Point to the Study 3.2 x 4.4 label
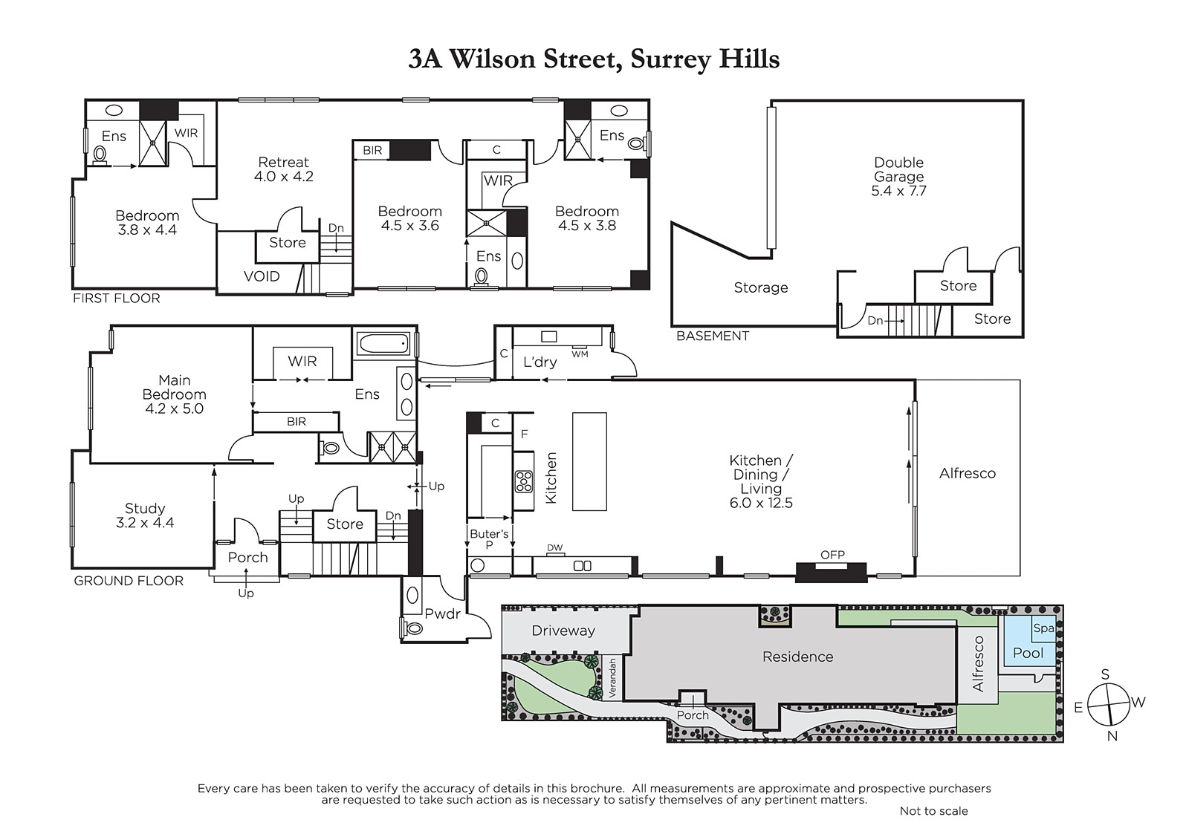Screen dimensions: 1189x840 (145, 515)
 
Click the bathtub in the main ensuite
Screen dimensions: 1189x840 (383, 343)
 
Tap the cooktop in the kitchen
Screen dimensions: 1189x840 (524, 482)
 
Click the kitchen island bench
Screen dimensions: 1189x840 (589, 462)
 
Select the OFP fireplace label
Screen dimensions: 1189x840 (832, 555)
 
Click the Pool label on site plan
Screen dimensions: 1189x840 (1028, 654)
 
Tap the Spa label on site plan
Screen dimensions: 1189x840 (1043, 628)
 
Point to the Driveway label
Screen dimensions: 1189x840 (563, 631)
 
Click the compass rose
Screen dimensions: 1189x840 (1108, 705)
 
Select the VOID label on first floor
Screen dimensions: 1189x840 (262, 276)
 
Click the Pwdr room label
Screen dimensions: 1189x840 (442, 614)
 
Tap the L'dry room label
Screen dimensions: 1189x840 (540, 362)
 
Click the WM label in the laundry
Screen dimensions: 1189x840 (580, 354)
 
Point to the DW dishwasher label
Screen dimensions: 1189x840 (554, 547)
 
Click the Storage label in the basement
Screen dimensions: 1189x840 (761, 287)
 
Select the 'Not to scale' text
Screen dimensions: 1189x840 (933, 811)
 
